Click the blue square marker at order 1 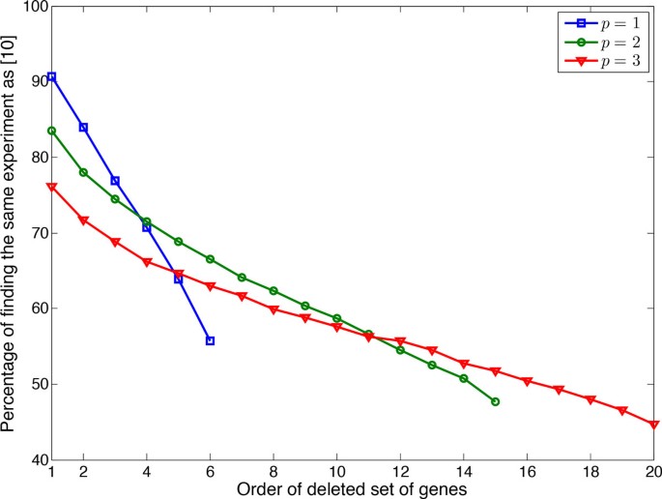(51, 76)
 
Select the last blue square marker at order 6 (210, 340)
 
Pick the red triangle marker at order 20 (653, 425)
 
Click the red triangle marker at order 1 (51, 187)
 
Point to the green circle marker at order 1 (51, 131)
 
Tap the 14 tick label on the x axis (463, 473)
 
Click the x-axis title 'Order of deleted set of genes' (352, 489)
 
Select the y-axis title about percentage (11, 233)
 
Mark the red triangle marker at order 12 (400, 342)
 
